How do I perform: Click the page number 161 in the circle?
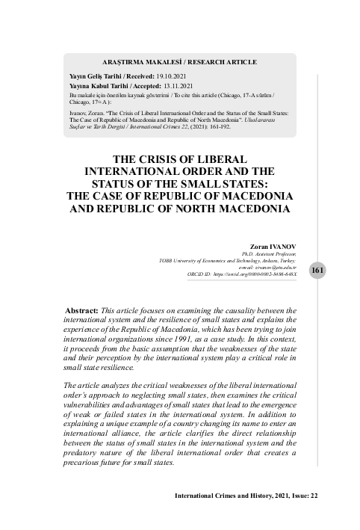(x=317, y=269)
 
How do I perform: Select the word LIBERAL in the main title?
(x=229, y=158)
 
